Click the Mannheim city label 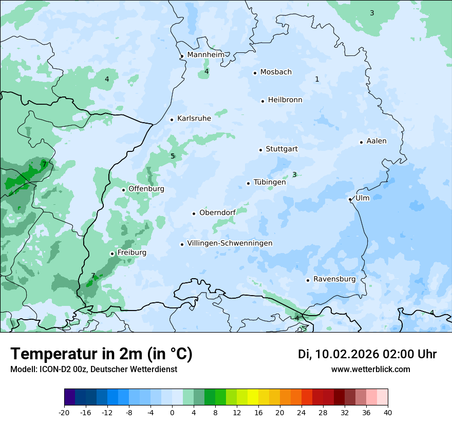pos(205,55)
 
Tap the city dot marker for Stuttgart pos(260,150)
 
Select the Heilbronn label pos(285,100)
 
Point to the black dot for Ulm pos(350,199)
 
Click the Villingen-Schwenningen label pos(230,243)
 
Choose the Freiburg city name pos(131,253)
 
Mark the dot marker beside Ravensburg pos(308,280)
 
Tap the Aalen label pos(376,141)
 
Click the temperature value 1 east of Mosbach pos(317,79)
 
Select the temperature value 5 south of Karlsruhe pos(173,156)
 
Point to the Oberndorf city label pos(217,213)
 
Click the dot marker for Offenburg pos(123,190)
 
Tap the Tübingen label pos(270,182)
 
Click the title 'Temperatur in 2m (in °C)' pos(101,354)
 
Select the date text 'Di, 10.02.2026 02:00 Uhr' pos(367,354)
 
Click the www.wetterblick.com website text pos(370,370)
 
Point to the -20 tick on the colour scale pos(64,413)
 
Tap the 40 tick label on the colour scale pos(387,413)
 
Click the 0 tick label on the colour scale pos(172,413)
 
